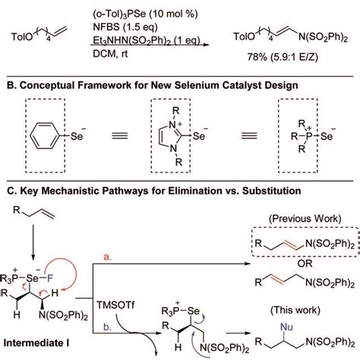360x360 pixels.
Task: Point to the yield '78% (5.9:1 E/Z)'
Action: pos(282,55)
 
